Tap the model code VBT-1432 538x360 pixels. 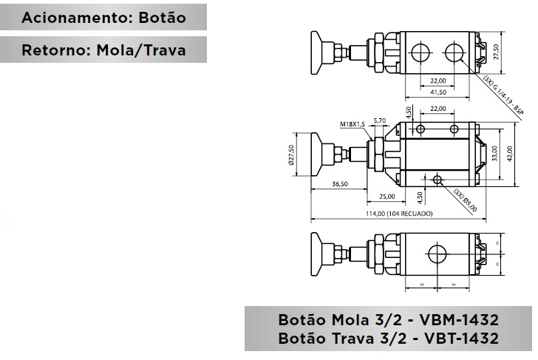(456, 339)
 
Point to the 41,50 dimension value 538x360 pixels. (437, 92)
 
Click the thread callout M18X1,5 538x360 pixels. (353, 124)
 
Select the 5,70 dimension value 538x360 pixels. (380, 120)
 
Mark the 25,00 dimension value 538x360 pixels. (387, 197)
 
